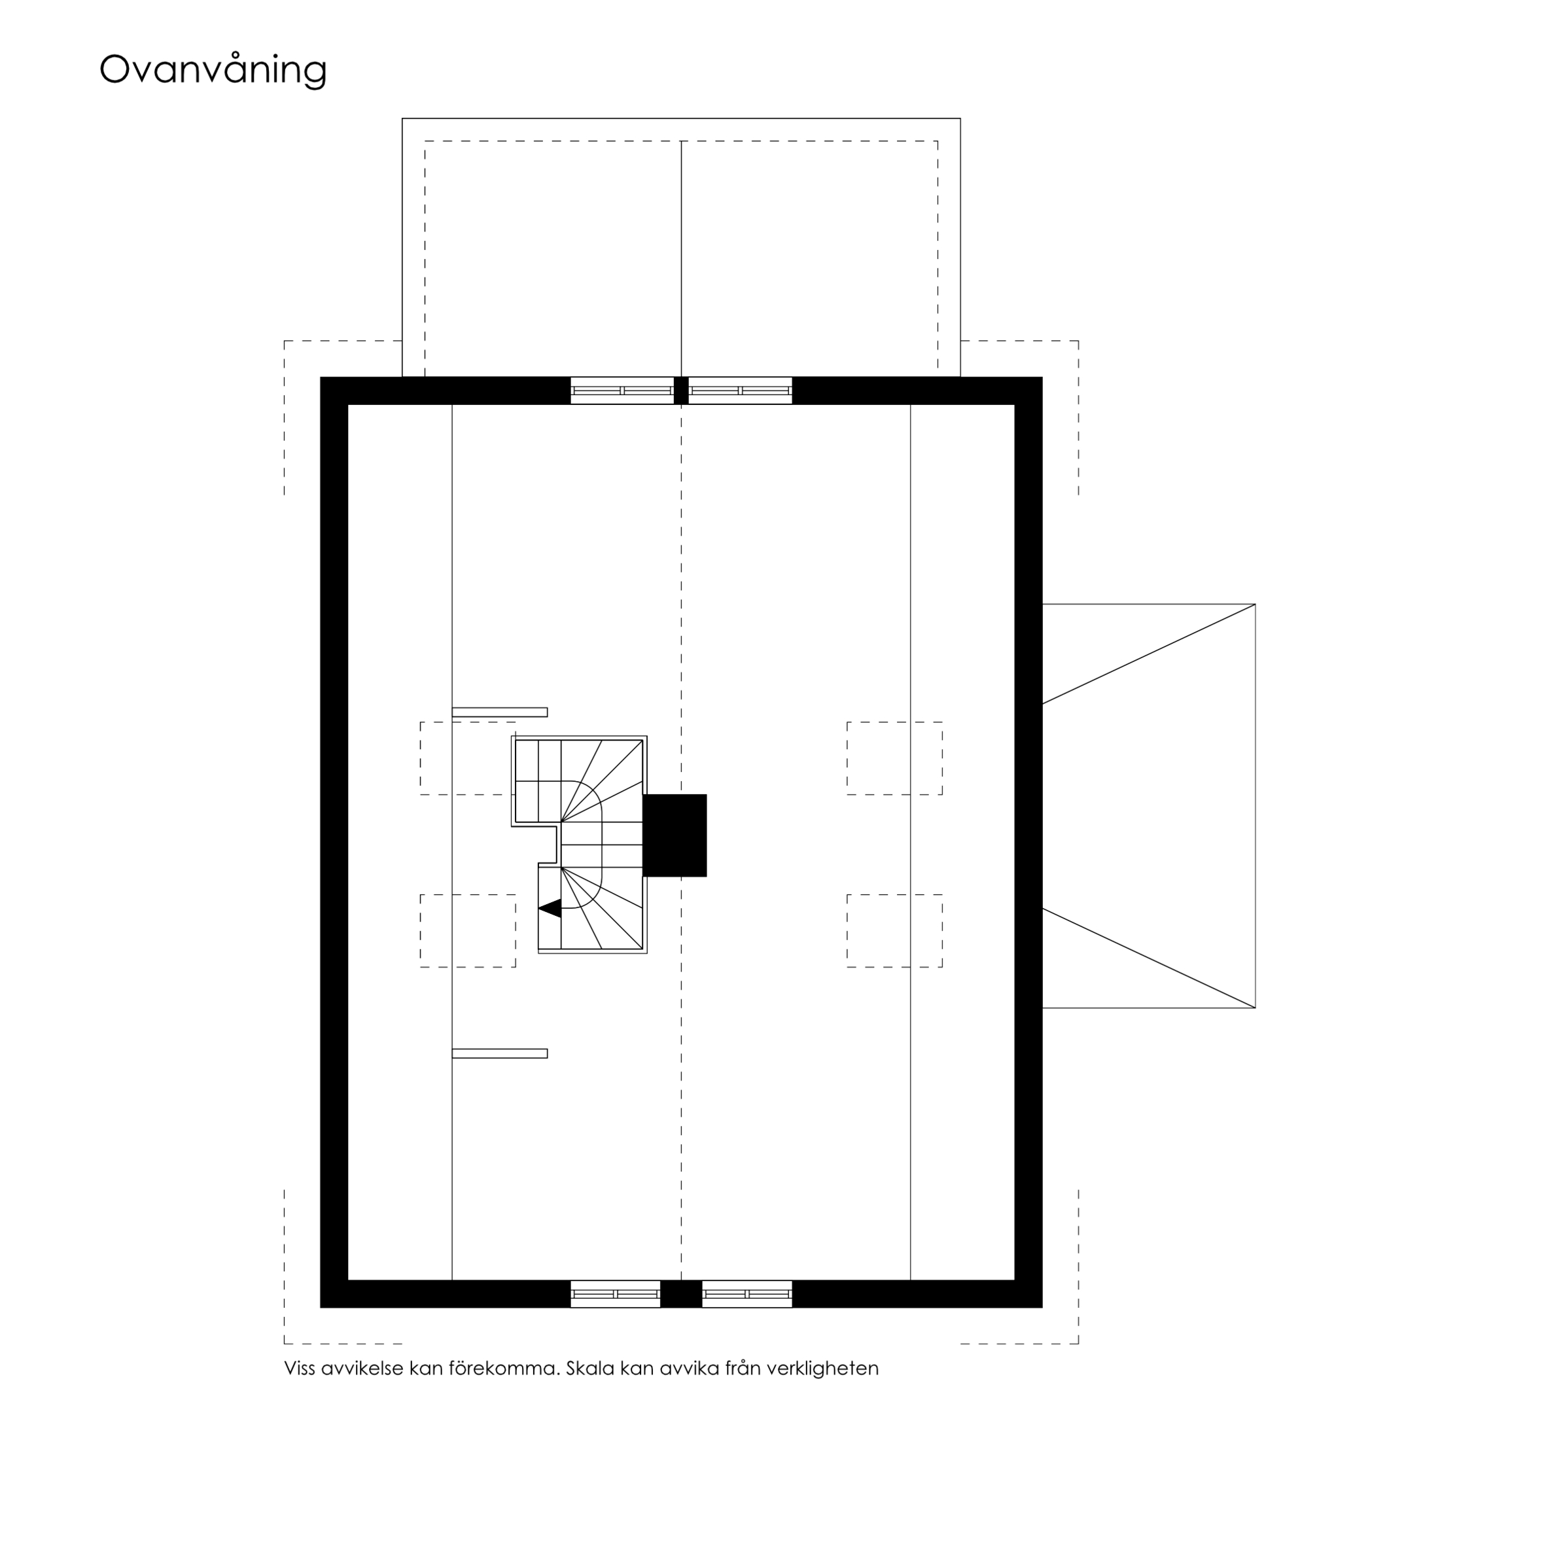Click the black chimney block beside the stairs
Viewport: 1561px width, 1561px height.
pos(675,835)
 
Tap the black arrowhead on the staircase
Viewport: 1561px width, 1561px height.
pos(550,908)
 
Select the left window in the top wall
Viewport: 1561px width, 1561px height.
pos(622,390)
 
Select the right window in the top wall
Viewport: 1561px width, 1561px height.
pos(740,390)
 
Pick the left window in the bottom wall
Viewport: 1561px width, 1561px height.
pos(616,1293)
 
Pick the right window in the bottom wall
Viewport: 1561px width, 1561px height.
pos(746,1293)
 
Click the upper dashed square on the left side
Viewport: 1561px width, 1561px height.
pos(468,758)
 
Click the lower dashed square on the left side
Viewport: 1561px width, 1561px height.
pos(468,931)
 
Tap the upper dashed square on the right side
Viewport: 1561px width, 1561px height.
pos(894,758)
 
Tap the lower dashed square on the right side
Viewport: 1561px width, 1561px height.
pos(894,931)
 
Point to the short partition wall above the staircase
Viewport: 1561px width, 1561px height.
pos(499,712)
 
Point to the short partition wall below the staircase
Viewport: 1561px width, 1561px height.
pos(499,1053)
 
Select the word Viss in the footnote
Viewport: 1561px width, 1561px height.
pos(299,1368)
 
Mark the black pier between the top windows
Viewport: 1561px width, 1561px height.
pos(681,390)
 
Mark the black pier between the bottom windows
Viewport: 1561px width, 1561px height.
pos(681,1293)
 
